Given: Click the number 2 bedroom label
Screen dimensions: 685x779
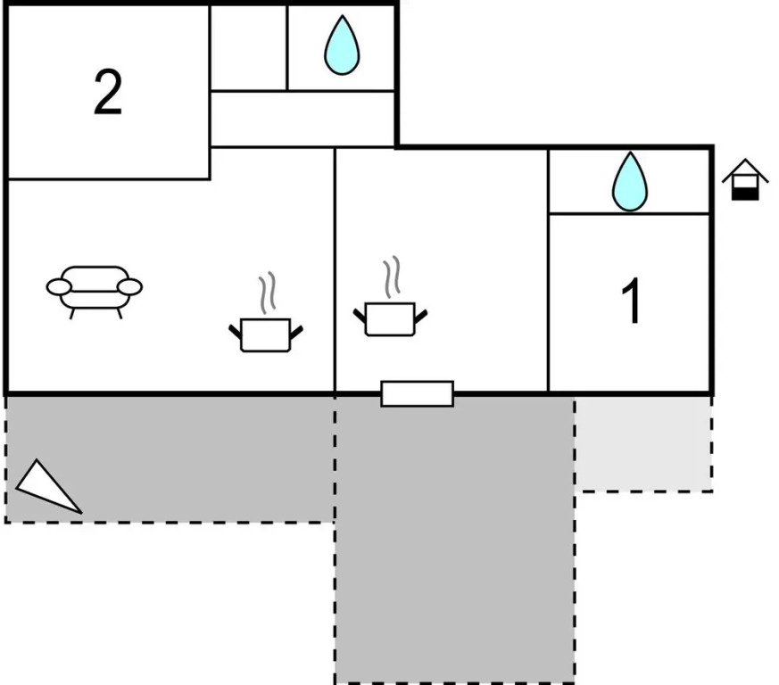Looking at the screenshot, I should pyautogui.click(x=107, y=94).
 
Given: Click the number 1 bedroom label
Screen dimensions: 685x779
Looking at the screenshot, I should pyautogui.click(x=631, y=301).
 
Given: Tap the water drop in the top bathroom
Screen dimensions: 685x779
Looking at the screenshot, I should pyautogui.click(x=341, y=45).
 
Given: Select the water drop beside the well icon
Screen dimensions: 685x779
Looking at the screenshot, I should pyautogui.click(x=630, y=182).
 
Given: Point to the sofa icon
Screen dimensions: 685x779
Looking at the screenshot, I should pyautogui.click(x=95, y=287).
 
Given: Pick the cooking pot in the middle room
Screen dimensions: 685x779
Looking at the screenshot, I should pyautogui.click(x=390, y=318).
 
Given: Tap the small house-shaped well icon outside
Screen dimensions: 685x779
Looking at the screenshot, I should pyautogui.click(x=745, y=179).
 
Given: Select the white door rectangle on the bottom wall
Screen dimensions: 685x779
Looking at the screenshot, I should pyautogui.click(x=417, y=393).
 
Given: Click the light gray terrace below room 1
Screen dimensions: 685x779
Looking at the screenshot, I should pyautogui.click(x=643, y=443).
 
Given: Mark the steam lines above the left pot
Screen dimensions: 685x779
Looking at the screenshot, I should pyautogui.click(x=267, y=293).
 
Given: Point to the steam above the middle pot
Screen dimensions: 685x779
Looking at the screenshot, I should pyautogui.click(x=391, y=277).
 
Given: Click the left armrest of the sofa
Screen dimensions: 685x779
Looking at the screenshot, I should pyautogui.click(x=59, y=286).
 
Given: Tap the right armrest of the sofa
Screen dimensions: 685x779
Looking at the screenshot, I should pyautogui.click(x=130, y=286).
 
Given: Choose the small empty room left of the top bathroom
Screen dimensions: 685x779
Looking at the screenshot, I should pyautogui.click(x=248, y=47).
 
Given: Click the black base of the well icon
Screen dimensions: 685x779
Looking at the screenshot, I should pyautogui.click(x=745, y=190).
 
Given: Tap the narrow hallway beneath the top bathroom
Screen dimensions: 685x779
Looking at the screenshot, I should pyautogui.click(x=302, y=119).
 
